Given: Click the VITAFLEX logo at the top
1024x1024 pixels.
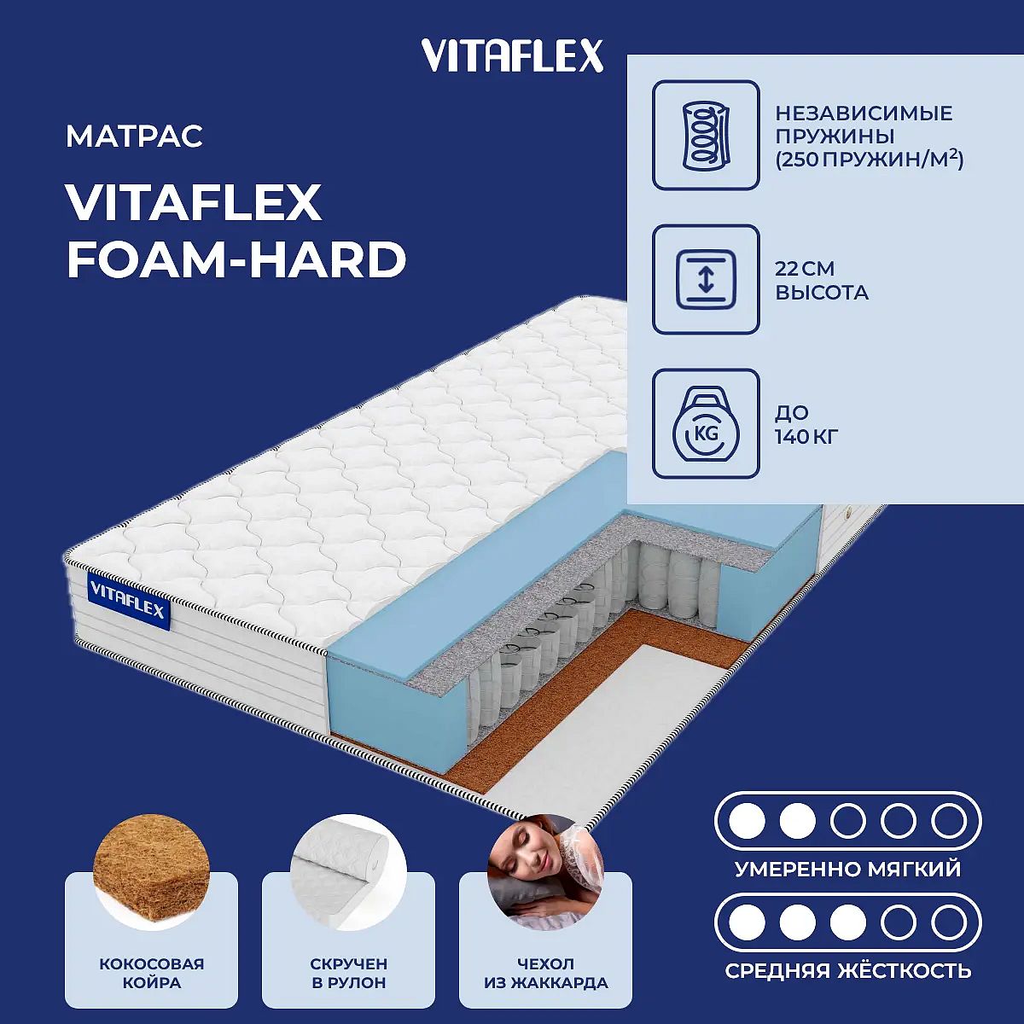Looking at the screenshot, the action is click(512, 55).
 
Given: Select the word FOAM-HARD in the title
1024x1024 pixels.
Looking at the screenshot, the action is click(236, 260).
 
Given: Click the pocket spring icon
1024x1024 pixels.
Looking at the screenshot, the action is click(706, 135).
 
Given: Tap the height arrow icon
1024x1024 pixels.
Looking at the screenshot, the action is click(706, 279).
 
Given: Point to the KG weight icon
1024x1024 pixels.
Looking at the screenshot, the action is click(706, 423).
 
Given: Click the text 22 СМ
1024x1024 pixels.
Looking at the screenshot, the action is click(805, 268).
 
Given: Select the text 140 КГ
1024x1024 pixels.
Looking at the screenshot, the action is click(806, 437).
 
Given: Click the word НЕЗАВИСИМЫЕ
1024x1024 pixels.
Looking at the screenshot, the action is click(864, 113).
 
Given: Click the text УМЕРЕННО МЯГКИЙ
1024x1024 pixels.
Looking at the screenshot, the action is click(848, 870).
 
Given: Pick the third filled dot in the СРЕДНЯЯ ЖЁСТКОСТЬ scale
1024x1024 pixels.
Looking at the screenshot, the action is click(848, 922).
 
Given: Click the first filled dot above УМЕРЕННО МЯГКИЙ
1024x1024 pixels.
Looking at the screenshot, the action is click(747, 821).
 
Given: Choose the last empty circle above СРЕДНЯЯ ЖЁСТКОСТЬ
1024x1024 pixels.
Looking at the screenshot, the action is click(949, 922).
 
